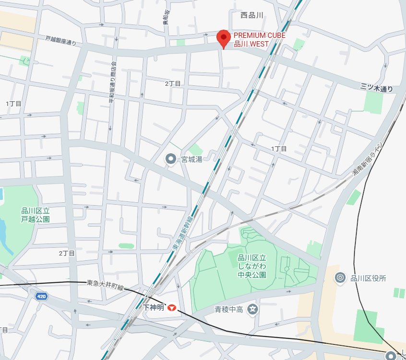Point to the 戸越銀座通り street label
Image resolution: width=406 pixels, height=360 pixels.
60,41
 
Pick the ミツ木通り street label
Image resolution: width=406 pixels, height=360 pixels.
376,88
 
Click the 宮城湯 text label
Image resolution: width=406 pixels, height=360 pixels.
191,159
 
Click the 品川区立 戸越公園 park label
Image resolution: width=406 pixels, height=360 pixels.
36,214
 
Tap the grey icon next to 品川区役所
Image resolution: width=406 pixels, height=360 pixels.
340,278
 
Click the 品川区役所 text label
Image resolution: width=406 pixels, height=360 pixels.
369,278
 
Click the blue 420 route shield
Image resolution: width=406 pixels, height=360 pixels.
41,297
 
